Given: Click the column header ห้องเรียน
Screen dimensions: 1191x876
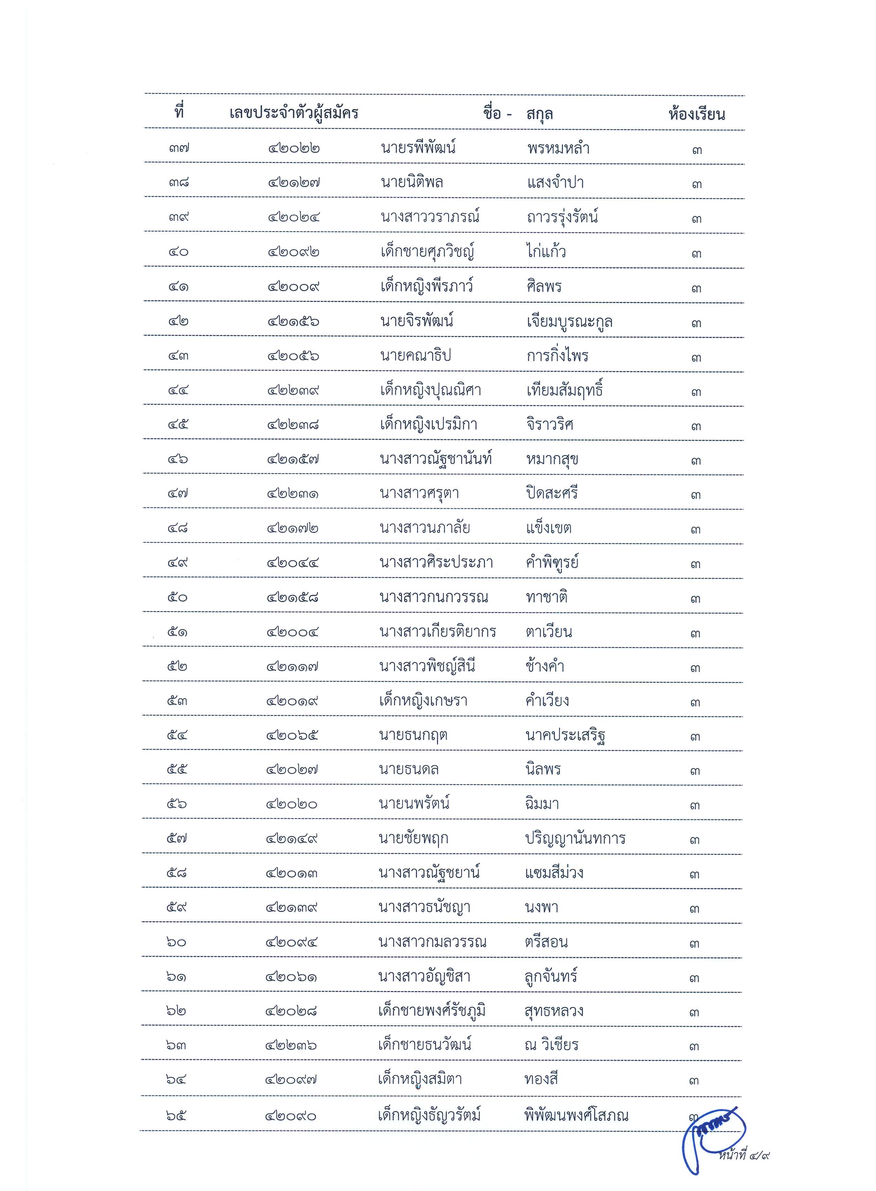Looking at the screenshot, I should (696, 114).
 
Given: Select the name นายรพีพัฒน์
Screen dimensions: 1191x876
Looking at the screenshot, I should (418, 148).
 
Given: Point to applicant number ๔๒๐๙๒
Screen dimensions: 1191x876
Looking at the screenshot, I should (293, 252).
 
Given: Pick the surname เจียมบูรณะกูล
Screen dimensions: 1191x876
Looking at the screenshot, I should (570, 321).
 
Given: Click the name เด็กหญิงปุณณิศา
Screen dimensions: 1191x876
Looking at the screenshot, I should (430, 390).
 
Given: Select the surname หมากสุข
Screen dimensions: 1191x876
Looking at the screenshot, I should (552, 459).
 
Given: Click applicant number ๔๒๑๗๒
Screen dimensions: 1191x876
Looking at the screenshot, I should (293, 528).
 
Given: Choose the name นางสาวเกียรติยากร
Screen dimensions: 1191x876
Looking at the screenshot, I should (437, 631).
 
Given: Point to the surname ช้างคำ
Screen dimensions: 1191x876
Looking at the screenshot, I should (544, 666).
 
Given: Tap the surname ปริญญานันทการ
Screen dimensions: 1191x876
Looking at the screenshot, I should (575, 838).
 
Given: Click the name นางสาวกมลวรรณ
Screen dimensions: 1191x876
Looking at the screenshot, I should (432, 942).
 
